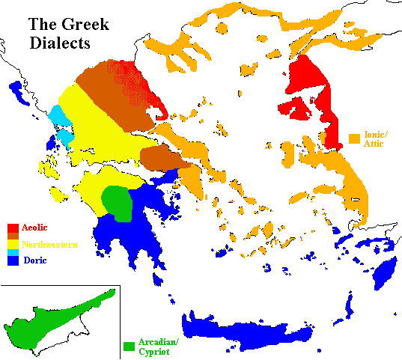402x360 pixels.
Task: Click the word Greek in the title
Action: coord(89,24)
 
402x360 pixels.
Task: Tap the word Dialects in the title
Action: coord(59,43)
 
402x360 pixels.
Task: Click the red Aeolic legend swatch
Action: coord(13,228)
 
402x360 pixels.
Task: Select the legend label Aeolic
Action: coord(35,227)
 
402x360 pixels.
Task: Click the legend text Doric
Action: coord(34,260)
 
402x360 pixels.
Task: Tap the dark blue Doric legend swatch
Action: coord(13,261)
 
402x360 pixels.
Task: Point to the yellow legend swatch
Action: coord(13,244)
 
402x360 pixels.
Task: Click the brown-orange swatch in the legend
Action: coord(13,236)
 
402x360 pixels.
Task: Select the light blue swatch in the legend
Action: coord(13,253)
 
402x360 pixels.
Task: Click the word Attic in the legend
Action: coord(374,144)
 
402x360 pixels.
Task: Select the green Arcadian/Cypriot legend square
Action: coord(129,347)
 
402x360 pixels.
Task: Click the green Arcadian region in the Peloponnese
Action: coord(116,199)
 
